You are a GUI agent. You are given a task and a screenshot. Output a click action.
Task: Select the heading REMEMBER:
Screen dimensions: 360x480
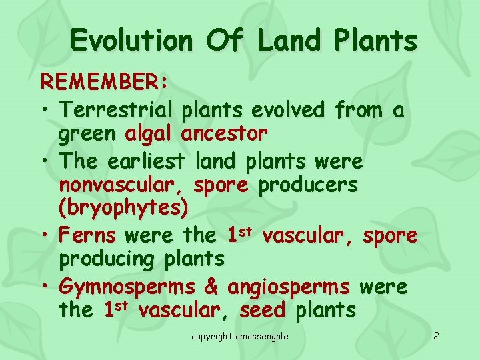pyautogui.click(x=105, y=82)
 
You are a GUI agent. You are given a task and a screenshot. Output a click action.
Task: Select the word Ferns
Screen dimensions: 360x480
pyautogui.click(x=87, y=235)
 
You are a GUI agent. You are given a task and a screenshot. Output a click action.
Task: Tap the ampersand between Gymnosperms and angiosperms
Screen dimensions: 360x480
pyautogui.click(x=211, y=287)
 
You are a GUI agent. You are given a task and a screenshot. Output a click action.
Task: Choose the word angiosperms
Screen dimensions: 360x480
pyautogui.click(x=288, y=287)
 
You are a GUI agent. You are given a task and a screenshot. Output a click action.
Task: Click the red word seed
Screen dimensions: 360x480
pyautogui.click(x=262, y=311)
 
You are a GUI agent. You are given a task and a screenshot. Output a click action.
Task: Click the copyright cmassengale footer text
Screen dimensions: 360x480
pyautogui.click(x=240, y=336)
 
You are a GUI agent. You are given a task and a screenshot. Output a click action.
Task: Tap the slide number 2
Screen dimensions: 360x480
pyautogui.click(x=435, y=335)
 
